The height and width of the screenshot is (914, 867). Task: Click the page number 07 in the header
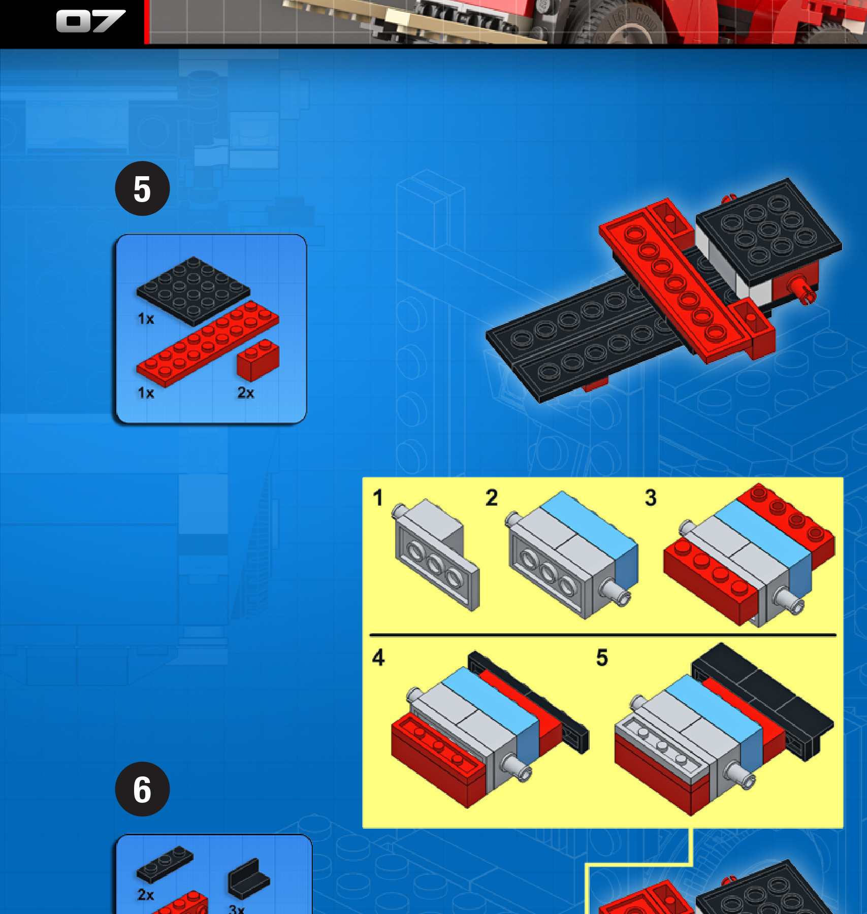click(x=90, y=21)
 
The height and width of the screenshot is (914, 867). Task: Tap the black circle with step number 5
click(x=142, y=188)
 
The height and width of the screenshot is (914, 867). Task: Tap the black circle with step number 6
click(x=142, y=789)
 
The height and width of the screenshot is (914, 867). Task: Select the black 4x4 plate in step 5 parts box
click(x=193, y=290)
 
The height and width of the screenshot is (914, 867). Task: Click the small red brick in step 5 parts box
click(x=258, y=360)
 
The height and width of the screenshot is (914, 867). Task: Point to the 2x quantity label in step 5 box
click(x=246, y=393)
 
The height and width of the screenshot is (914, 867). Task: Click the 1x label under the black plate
click(x=146, y=319)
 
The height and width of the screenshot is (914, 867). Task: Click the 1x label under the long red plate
click(x=146, y=393)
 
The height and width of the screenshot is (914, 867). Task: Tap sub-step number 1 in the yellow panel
click(x=377, y=498)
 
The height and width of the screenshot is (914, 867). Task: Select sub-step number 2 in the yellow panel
click(x=491, y=498)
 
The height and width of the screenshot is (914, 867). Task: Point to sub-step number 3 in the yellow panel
click(x=651, y=498)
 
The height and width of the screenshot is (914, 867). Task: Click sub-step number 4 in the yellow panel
click(x=378, y=657)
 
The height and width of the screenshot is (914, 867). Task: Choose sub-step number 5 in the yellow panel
click(x=602, y=657)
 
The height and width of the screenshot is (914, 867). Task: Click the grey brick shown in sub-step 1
click(x=435, y=553)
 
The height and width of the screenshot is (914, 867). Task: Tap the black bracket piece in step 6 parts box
click(x=249, y=878)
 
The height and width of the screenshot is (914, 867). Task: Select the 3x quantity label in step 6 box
click(x=237, y=909)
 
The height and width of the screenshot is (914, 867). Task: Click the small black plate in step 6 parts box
click(x=165, y=864)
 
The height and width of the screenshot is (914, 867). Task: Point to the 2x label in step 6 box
click(x=146, y=894)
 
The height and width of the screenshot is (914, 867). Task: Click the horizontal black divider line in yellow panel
click(x=603, y=635)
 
